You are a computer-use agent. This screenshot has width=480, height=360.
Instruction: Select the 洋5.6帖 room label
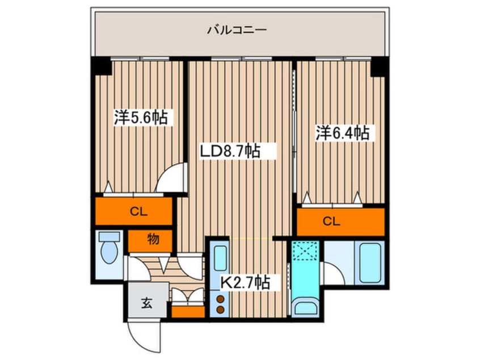click(142, 118)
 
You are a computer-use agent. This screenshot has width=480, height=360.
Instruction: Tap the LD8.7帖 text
click(229, 151)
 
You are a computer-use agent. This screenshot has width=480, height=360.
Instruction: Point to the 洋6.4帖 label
click(342, 133)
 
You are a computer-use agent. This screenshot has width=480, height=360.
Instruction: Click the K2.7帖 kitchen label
click(245, 282)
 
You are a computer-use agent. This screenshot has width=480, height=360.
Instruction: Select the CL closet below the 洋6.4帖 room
click(332, 222)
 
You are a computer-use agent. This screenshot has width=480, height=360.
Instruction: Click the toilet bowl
click(108, 250)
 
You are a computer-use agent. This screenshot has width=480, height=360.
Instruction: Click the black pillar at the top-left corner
click(103, 66)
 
